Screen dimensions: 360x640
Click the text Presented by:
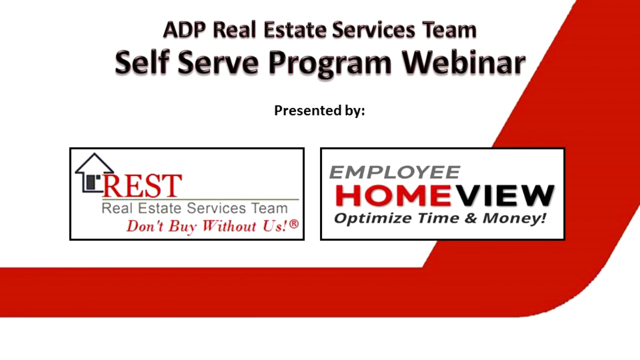click(319, 110)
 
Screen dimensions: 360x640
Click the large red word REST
click(142, 185)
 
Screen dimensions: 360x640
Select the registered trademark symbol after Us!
click(293, 224)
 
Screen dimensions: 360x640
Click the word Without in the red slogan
click(229, 226)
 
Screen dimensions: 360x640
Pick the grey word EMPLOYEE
click(394, 172)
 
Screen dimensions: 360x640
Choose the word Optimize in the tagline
click(366, 218)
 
